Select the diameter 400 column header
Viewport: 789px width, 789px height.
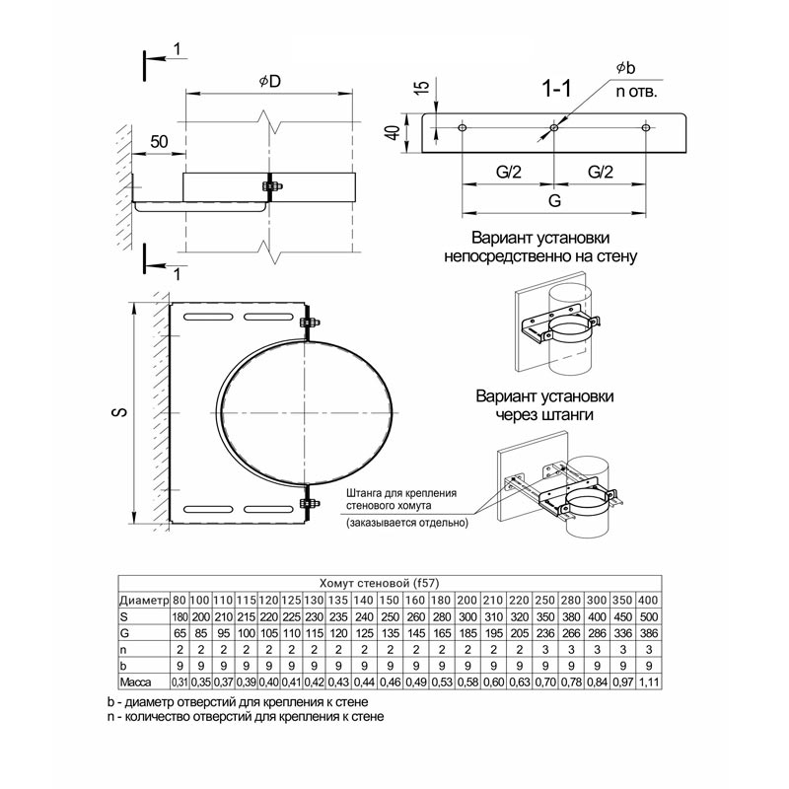point(648,601)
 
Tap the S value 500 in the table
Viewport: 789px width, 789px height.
point(648,616)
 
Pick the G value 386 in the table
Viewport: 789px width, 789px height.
point(648,633)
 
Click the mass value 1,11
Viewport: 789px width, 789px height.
point(648,682)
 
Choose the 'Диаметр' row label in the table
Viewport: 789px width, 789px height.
point(144,601)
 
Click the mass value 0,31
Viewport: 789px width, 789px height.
point(179,682)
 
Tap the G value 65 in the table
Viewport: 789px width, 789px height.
point(179,633)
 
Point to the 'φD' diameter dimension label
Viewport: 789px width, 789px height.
point(270,82)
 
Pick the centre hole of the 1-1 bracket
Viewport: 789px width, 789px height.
point(554,128)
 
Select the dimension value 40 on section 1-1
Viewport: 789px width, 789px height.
point(394,132)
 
